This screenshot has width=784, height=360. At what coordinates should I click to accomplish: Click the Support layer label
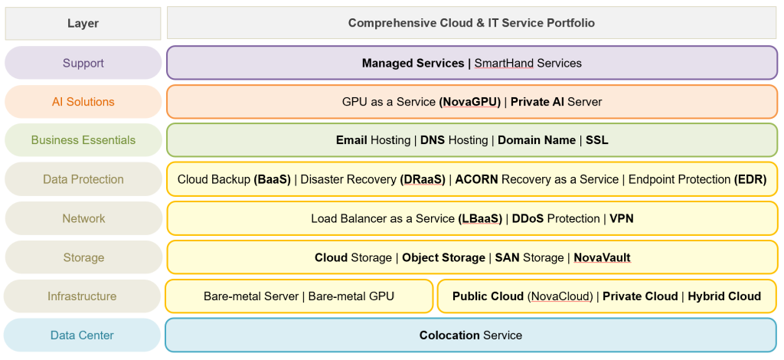click(83, 63)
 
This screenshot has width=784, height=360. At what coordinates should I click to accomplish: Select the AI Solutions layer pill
click(83, 102)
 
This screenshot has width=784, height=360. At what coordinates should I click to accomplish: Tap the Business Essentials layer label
click(83, 140)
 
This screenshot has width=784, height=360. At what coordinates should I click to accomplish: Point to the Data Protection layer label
click(83, 179)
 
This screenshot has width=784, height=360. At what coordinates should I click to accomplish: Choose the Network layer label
click(83, 218)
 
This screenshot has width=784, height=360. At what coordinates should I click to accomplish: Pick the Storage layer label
click(83, 257)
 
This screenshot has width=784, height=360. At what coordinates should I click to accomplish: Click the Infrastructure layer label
click(82, 296)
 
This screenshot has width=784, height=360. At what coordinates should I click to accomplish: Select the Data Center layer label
click(82, 335)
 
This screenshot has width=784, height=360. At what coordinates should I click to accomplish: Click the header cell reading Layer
click(83, 23)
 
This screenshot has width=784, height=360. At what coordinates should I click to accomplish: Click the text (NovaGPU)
click(470, 102)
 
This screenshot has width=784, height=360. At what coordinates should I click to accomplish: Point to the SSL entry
click(597, 140)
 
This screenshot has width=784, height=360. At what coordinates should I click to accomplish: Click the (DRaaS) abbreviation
click(422, 179)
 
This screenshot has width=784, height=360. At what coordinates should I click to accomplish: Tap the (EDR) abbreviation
click(750, 179)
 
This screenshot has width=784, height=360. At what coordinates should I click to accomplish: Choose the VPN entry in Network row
click(622, 218)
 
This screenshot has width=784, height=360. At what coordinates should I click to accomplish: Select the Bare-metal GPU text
click(351, 296)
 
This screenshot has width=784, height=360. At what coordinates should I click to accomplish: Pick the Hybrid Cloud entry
click(724, 296)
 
